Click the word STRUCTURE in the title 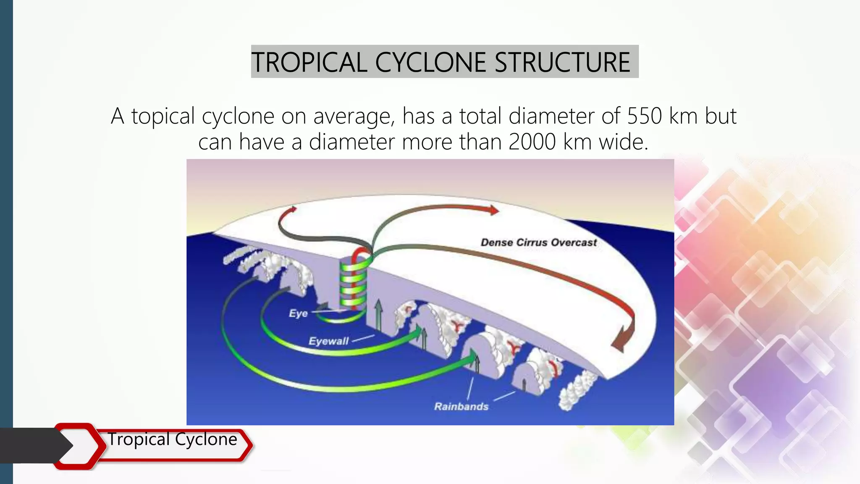[x=562, y=62]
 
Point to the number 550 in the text [x=644, y=116]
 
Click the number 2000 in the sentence [x=532, y=142]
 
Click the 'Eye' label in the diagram [x=298, y=313]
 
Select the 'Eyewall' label [x=328, y=341]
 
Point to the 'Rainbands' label [x=461, y=406]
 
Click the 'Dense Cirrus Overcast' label [x=538, y=242]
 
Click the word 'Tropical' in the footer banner [x=139, y=439]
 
